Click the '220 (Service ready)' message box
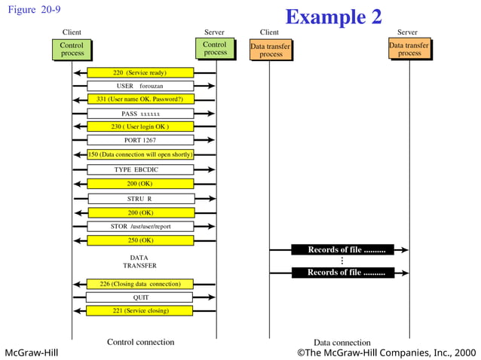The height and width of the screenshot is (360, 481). (x=140, y=73)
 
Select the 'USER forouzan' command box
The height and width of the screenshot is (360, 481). (x=140, y=86)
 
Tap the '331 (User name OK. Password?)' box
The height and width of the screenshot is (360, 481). (x=140, y=99)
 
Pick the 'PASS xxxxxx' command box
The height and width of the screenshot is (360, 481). (x=140, y=114)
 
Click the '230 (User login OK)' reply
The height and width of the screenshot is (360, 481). (x=140, y=127)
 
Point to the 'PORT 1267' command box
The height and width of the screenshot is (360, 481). (x=140, y=140)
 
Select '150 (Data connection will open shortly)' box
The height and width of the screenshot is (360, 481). (x=140, y=154)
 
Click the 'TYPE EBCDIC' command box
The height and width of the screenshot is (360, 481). (x=140, y=169)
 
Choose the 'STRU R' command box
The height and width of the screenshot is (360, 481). (x=140, y=199)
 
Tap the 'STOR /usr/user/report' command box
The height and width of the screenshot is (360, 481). (x=140, y=227)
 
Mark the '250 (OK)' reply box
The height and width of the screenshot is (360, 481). (x=140, y=240)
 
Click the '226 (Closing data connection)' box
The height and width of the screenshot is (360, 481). (x=140, y=284)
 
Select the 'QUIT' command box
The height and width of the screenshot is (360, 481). (x=140, y=297)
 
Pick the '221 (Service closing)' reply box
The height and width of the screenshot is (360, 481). (x=140, y=310)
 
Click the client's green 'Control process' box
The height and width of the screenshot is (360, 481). (x=72, y=50)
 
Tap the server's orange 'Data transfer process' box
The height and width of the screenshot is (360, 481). (x=409, y=50)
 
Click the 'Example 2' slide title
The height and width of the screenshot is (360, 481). (x=333, y=17)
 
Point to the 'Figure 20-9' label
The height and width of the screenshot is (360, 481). (x=33, y=10)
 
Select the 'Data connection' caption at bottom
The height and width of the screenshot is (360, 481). (x=342, y=343)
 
